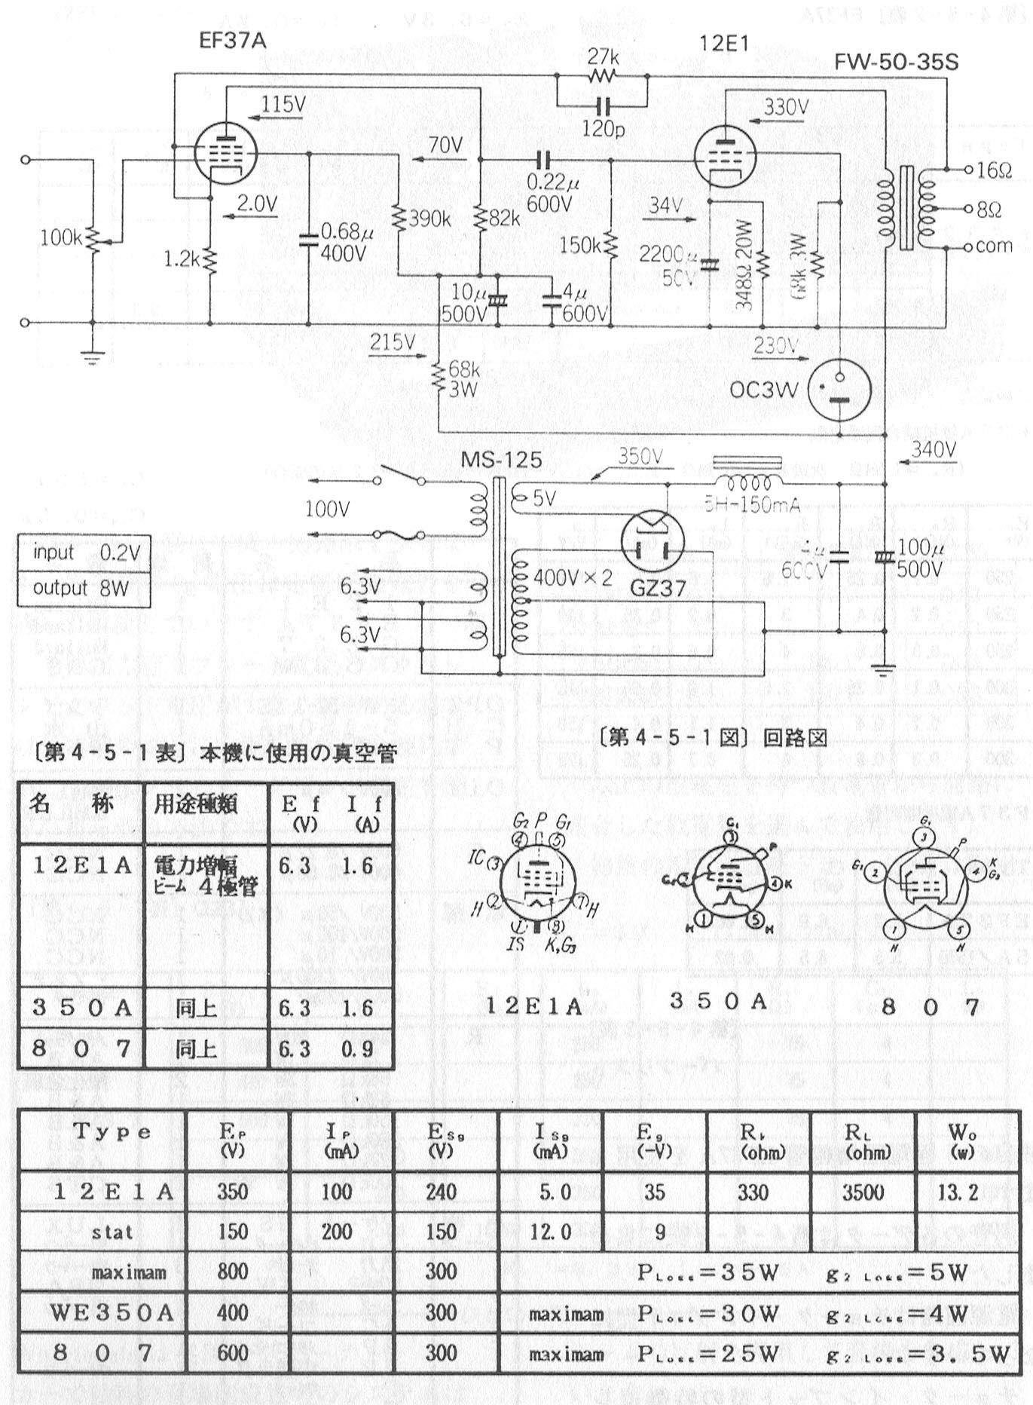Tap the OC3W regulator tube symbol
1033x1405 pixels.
tap(839, 389)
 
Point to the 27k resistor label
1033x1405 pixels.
tap(603, 57)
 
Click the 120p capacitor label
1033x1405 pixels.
tap(603, 129)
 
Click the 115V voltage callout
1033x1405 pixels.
tap(284, 104)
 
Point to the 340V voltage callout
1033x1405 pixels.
tap(933, 449)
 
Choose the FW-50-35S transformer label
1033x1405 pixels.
tap(896, 62)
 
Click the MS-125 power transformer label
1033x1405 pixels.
tap(501, 458)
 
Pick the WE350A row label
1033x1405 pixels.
tap(112, 1312)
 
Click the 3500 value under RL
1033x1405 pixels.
tap(863, 1192)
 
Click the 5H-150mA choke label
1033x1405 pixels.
tap(751, 505)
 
